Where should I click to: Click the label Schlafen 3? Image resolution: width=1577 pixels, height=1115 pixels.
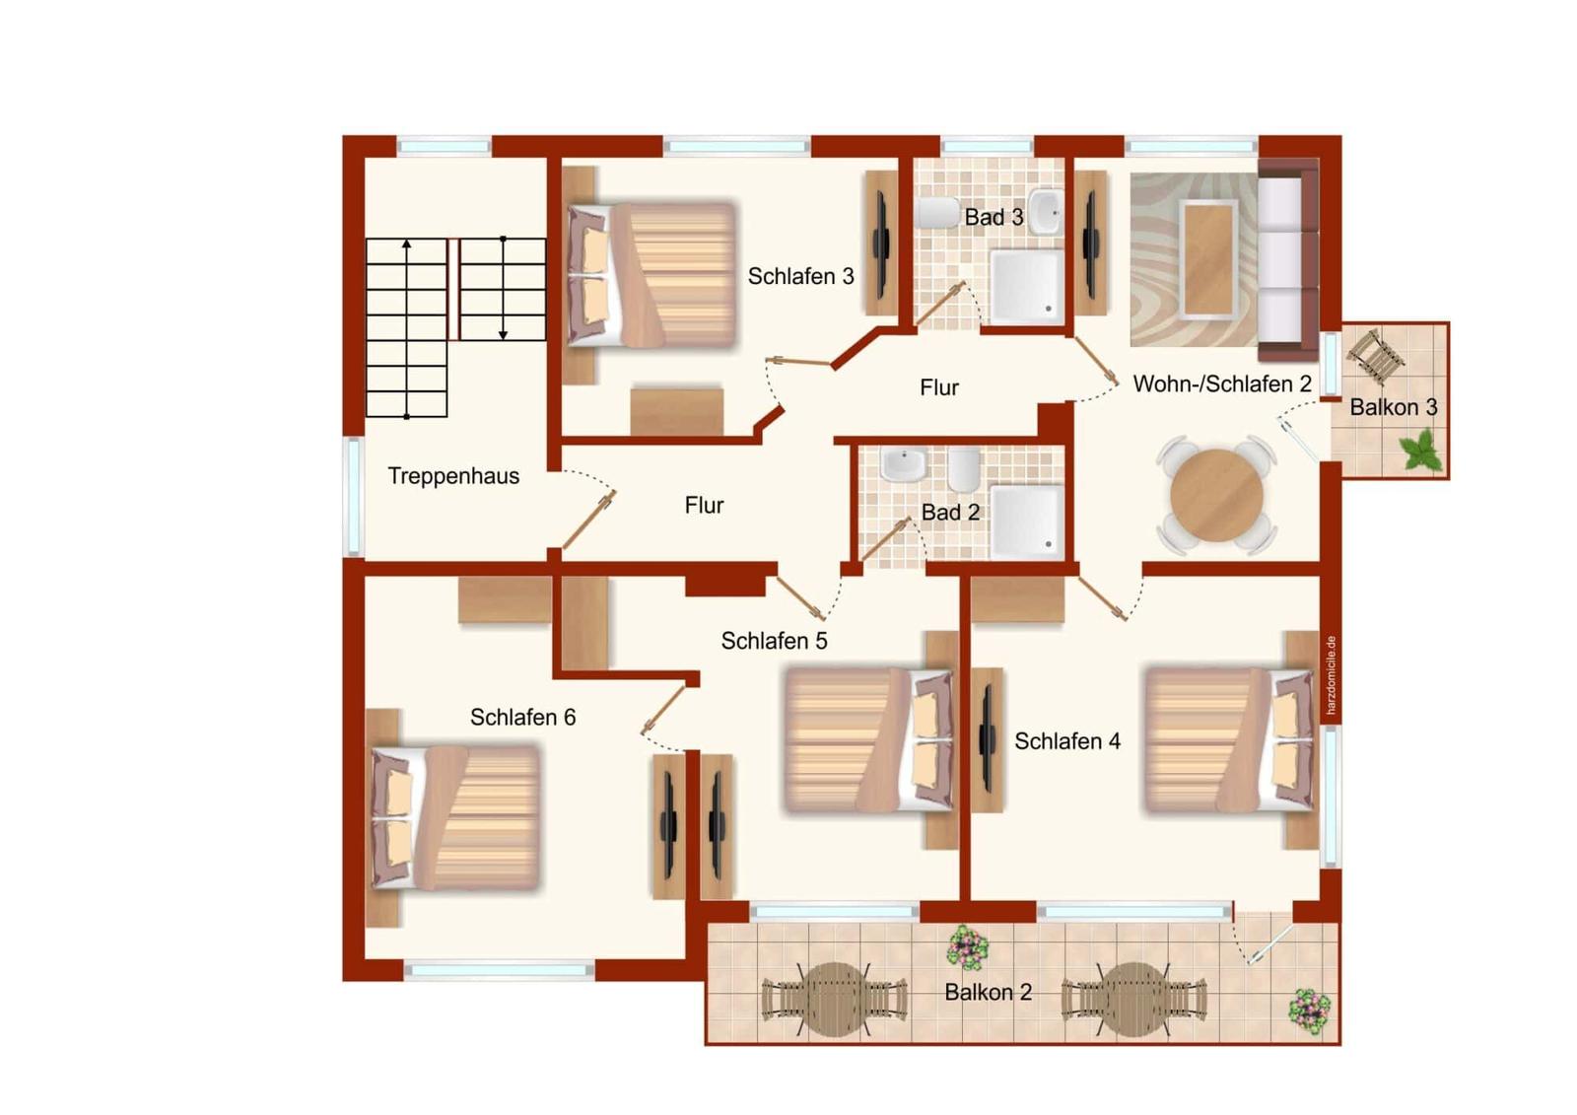pyautogui.click(x=800, y=276)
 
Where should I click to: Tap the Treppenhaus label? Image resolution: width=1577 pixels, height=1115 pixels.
pyautogui.click(x=453, y=476)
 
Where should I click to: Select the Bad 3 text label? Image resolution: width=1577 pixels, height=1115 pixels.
pyautogui.click(x=994, y=217)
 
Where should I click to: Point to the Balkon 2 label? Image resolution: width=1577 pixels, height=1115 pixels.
pyautogui.click(x=988, y=992)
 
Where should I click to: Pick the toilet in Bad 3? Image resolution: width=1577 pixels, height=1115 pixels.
pyautogui.click(x=938, y=213)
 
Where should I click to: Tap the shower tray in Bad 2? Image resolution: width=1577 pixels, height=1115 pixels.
pyautogui.click(x=1027, y=522)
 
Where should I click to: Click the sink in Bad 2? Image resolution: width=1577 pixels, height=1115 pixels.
pyautogui.click(x=904, y=465)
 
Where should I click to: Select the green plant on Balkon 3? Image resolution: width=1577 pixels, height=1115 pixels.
pyautogui.click(x=1420, y=451)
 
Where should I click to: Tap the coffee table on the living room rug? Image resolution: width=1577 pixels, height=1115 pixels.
pyautogui.click(x=1210, y=258)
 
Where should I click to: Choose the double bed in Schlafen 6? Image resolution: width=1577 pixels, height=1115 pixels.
pyautogui.click(x=455, y=817)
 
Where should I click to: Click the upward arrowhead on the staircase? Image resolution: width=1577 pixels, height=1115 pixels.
pyautogui.click(x=406, y=244)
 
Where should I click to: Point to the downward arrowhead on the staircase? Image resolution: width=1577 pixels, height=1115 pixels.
pyautogui.click(x=503, y=335)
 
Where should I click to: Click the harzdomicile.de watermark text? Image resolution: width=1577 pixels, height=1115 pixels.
pyautogui.click(x=1331, y=675)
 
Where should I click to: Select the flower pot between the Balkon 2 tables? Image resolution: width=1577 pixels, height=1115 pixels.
pyautogui.click(x=968, y=947)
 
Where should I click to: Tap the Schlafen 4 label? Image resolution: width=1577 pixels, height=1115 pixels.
pyautogui.click(x=1067, y=741)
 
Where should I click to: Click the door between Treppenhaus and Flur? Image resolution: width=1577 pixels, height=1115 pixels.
pyautogui.click(x=588, y=521)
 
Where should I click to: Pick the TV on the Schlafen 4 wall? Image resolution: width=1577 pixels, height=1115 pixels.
pyautogui.click(x=987, y=738)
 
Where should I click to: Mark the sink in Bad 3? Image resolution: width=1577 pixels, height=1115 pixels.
pyautogui.click(x=1046, y=212)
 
